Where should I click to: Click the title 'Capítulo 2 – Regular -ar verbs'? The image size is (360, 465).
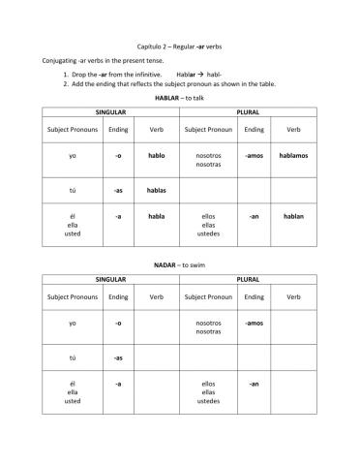(x=181, y=46)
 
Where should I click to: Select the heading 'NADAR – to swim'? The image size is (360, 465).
(x=181, y=264)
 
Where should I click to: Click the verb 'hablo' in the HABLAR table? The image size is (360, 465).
(x=157, y=155)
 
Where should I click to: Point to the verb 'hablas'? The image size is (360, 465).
(x=157, y=191)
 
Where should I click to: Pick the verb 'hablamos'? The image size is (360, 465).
(x=293, y=155)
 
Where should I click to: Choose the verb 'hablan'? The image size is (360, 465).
(x=293, y=216)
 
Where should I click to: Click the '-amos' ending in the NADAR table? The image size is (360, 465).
(x=254, y=323)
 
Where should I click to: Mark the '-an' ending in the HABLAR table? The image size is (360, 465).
(x=254, y=216)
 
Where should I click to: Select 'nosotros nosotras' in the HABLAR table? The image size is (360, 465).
(x=208, y=160)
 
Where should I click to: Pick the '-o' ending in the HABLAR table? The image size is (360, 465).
(x=118, y=155)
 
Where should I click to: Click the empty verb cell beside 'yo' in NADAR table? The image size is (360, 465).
(x=157, y=326)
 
